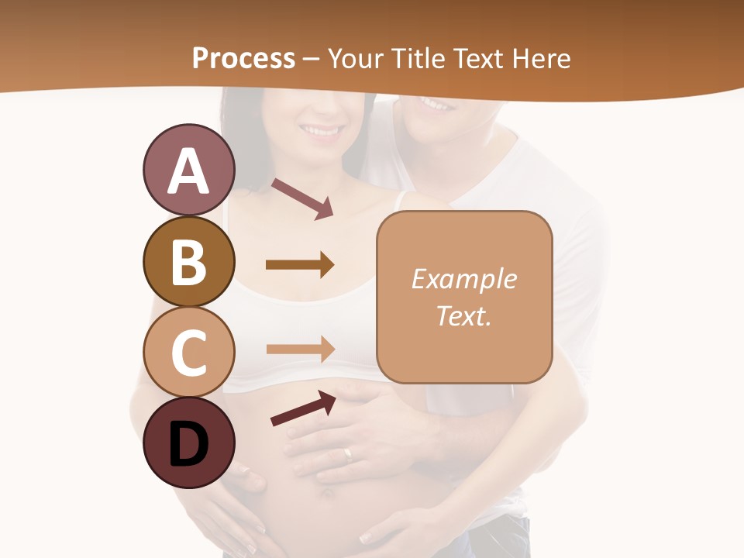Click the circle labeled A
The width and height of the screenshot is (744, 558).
pyautogui.click(x=188, y=170)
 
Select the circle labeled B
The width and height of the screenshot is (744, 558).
pyautogui.click(x=188, y=262)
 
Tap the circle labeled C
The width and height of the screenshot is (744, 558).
pyautogui.click(x=188, y=353)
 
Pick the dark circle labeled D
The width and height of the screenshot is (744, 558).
pyautogui.click(x=188, y=443)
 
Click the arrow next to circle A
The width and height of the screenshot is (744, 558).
pyautogui.click(x=302, y=198)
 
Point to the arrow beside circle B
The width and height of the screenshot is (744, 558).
pyautogui.click(x=300, y=265)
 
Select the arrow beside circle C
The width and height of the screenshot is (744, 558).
pyautogui.click(x=300, y=350)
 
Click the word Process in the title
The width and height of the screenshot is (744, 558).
pyautogui.click(x=243, y=58)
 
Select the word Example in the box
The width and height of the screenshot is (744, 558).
pyautogui.click(x=463, y=279)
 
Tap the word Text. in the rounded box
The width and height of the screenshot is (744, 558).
pyautogui.click(x=463, y=315)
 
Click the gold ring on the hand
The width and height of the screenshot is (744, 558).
pyautogui.click(x=348, y=454)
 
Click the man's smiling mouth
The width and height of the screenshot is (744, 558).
pyautogui.click(x=436, y=102)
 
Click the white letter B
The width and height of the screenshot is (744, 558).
pyautogui.click(x=188, y=262)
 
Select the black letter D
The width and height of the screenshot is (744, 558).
pyautogui.click(x=188, y=444)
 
